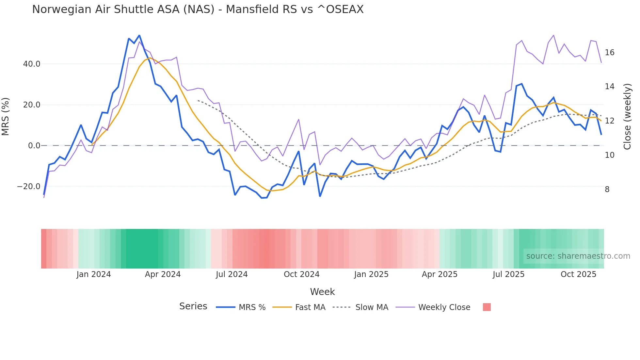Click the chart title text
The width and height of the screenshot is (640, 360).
198,9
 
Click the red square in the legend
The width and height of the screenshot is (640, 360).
487,307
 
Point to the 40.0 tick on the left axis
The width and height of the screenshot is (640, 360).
32,64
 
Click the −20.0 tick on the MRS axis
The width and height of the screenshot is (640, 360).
29,187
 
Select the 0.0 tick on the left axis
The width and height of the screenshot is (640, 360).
34,146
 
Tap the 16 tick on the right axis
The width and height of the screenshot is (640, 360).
609,53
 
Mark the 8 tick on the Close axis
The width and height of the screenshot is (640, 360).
607,189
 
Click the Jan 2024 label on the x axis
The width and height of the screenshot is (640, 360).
94,274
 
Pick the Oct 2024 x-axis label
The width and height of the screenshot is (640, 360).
301,274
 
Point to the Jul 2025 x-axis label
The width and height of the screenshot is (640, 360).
508,274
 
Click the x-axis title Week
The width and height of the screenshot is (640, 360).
322,292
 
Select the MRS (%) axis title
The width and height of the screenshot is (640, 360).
6,116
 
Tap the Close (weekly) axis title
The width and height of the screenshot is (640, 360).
627,117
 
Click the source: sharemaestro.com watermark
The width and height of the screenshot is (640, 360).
578,256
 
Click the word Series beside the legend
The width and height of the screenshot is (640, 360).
193,306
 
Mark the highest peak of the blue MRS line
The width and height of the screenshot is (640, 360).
139,35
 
